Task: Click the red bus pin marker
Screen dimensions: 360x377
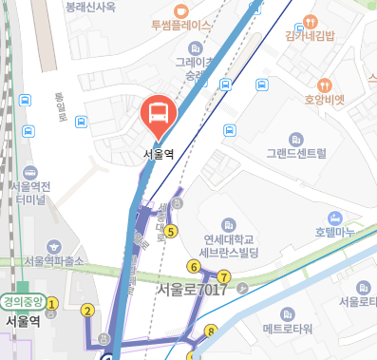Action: click(x=158, y=116)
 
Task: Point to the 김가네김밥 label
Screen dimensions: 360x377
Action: click(x=311, y=36)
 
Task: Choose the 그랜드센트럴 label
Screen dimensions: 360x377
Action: click(x=296, y=152)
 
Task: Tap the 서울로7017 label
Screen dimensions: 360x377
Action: click(x=193, y=289)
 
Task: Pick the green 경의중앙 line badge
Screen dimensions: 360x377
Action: click(x=23, y=303)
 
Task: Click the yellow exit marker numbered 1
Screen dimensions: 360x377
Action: click(x=53, y=304)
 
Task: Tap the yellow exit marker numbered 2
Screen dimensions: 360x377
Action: click(x=88, y=310)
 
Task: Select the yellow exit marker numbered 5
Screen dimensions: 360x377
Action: click(x=171, y=231)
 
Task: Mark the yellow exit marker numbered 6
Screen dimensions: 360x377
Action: click(x=194, y=266)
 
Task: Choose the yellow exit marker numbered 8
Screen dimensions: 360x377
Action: click(x=211, y=332)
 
